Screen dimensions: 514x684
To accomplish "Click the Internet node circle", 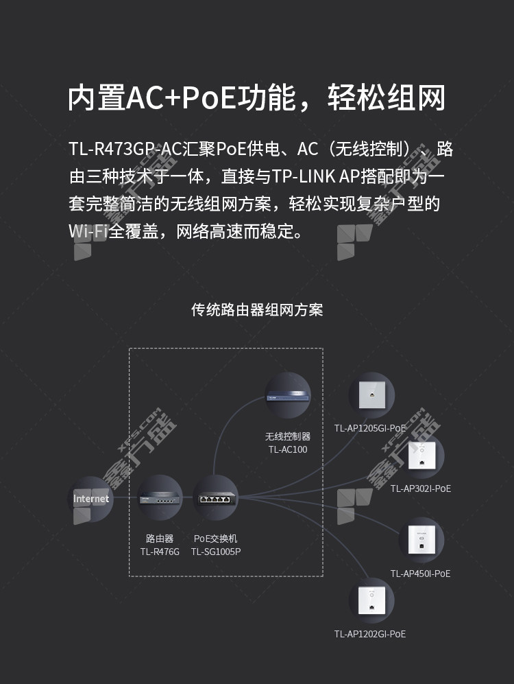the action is click(x=90, y=499).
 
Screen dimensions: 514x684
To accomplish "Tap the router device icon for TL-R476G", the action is click(x=160, y=497).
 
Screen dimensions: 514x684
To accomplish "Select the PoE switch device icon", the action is click(x=216, y=497).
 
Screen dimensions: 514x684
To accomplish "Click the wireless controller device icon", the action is click(x=288, y=395).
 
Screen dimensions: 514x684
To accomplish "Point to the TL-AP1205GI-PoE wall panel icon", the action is click(x=372, y=394).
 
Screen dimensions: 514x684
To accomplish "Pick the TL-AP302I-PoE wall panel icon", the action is click(x=421, y=456).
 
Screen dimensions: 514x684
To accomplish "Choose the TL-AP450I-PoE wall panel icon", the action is click(x=421, y=540).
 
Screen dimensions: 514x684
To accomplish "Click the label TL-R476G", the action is click(x=160, y=552).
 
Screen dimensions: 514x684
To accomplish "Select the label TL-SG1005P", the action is click(x=216, y=552).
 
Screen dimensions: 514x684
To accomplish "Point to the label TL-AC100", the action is click(x=288, y=450).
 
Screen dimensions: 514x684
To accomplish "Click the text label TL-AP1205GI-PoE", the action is click(x=370, y=428).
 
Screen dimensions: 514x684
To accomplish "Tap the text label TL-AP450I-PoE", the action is click(x=420, y=574).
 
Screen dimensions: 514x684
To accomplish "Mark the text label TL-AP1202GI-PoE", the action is click(x=370, y=634).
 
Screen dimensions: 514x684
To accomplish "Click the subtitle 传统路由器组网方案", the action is click(x=257, y=309).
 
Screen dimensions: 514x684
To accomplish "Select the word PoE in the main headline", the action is click(x=208, y=97).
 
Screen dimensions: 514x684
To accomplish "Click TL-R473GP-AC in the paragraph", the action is click(x=125, y=149).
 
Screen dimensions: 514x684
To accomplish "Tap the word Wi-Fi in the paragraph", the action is click(x=88, y=231).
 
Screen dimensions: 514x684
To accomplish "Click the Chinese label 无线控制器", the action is click(x=288, y=436).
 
